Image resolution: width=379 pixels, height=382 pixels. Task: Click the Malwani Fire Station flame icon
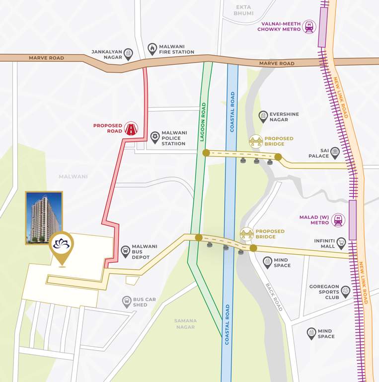[152, 49]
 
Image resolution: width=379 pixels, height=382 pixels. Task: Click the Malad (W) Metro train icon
[339, 219]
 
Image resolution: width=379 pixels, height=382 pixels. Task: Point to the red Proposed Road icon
[131, 129]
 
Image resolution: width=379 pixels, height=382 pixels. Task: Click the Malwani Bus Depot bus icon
[126, 251]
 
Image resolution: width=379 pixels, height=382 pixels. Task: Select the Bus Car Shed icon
[127, 301]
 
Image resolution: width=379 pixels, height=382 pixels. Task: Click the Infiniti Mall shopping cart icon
[341, 243]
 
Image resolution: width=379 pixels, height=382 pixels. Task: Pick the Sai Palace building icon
[335, 153]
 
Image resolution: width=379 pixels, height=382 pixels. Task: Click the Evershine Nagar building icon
[263, 117]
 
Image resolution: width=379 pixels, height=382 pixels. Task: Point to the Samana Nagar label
[185, 324]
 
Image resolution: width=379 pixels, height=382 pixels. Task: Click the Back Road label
[274, 297]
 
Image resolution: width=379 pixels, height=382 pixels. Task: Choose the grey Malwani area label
[73, 177]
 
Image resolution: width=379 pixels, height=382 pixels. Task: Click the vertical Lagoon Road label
[203, 122]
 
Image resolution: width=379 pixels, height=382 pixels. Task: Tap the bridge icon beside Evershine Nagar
[256, 141]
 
